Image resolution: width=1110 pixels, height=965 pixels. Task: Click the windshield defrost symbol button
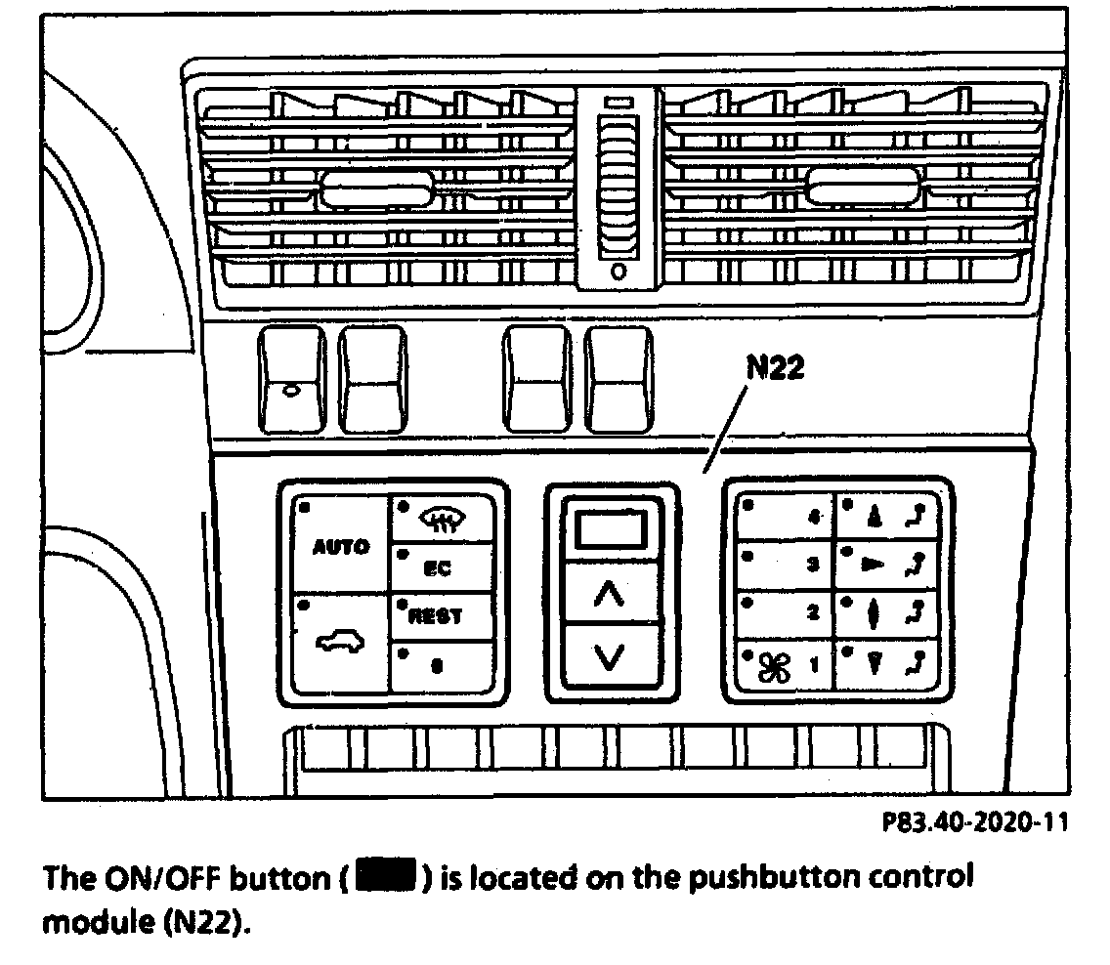444,520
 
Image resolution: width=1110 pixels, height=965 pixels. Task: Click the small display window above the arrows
610,531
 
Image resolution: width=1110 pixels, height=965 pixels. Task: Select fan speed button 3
784,566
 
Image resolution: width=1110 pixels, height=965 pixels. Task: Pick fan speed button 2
784,613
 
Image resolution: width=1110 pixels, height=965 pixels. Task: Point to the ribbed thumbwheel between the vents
619,186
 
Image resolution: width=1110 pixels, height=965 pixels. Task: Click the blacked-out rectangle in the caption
388,877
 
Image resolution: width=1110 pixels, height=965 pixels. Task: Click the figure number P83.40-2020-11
973,823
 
